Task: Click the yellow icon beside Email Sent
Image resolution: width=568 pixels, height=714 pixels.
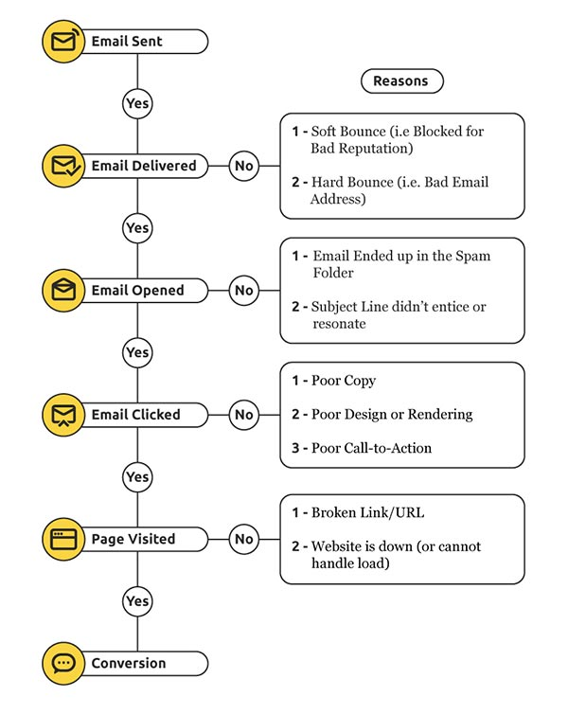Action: [63, 42]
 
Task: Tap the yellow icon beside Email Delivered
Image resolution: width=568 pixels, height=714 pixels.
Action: [63, 166]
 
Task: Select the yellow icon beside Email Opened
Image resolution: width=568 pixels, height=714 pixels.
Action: [63, 290]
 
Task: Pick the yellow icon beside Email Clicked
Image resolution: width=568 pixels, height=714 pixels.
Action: [63, 415]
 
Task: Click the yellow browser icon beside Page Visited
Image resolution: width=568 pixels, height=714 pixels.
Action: [63, 539]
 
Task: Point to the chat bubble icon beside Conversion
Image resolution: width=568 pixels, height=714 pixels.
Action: [63, 663]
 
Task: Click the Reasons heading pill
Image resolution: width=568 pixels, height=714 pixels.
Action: [400, 81]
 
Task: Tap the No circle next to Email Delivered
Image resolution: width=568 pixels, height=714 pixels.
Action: [244, 166]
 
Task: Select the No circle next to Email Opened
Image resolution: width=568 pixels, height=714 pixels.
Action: [244, 290]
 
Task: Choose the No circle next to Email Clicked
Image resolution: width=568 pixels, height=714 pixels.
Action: [244, 415]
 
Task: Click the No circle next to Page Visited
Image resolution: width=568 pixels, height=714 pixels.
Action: [244, 539]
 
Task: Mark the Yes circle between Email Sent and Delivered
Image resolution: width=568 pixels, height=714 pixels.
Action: [137, 103]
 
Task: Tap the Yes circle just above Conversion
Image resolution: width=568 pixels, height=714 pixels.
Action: [137, 600]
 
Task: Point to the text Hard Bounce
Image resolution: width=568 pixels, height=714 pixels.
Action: [355, 183]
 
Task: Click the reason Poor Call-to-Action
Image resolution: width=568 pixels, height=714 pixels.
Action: [371, 448]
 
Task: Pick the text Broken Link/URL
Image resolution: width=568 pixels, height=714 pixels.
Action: [367, 513]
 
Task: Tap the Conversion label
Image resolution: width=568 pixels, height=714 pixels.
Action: [129, 664]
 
